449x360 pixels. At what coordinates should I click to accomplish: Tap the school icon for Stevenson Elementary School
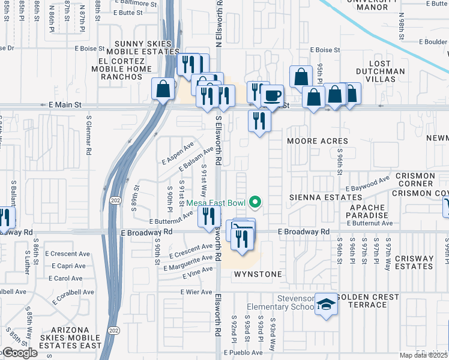[x=327, y=304]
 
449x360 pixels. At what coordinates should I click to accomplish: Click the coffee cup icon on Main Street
[x=272, y=95]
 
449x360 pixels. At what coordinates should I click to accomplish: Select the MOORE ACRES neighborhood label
[x=318, y=141]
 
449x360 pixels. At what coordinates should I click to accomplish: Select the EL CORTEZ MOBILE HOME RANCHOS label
[x=126, y=68]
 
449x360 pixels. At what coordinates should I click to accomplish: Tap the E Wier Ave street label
[x=196, y=292]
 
